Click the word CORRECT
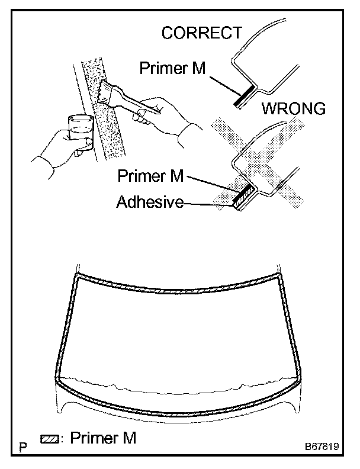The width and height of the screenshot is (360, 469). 202,33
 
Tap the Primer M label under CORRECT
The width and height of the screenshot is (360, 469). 172,68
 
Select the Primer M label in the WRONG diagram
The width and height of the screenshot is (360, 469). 150,176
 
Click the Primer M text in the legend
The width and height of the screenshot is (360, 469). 103,439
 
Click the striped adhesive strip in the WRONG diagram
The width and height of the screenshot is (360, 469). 243,198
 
